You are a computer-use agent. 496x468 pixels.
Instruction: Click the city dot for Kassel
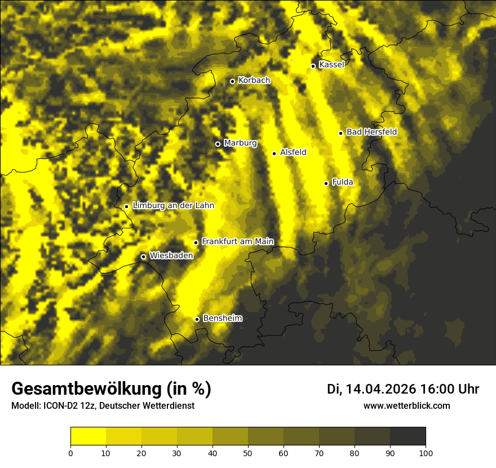tap(313, 66)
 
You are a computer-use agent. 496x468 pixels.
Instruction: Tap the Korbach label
tap(254, 81)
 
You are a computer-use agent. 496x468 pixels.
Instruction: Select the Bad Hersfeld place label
tap(371, 132)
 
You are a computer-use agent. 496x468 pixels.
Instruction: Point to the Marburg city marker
tap(218, 144)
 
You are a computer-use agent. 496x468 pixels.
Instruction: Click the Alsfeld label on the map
tap(293, 152)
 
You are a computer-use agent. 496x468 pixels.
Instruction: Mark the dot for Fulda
tap(326, 183)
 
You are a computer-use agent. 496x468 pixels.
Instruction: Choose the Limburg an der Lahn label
tap(173, 206)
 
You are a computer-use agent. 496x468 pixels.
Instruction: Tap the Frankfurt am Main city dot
tap(196, 242)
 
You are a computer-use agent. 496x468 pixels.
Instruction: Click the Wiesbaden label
tap(171, 256)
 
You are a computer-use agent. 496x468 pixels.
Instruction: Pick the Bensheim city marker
tap(197, 319)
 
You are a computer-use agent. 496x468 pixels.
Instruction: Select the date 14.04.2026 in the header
tap(380, 389)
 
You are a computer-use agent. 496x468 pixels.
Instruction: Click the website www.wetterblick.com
tap(407, 405)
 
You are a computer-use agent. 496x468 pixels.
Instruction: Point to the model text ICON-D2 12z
tap(62, 405)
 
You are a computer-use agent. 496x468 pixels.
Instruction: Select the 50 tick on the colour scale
tap(248, 453)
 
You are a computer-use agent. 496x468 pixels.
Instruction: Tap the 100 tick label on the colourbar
tap(426, 453)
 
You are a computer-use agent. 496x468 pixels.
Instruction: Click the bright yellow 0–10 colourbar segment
tap(88, 436)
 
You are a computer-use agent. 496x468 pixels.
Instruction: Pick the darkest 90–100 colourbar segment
tap(408, 436)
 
